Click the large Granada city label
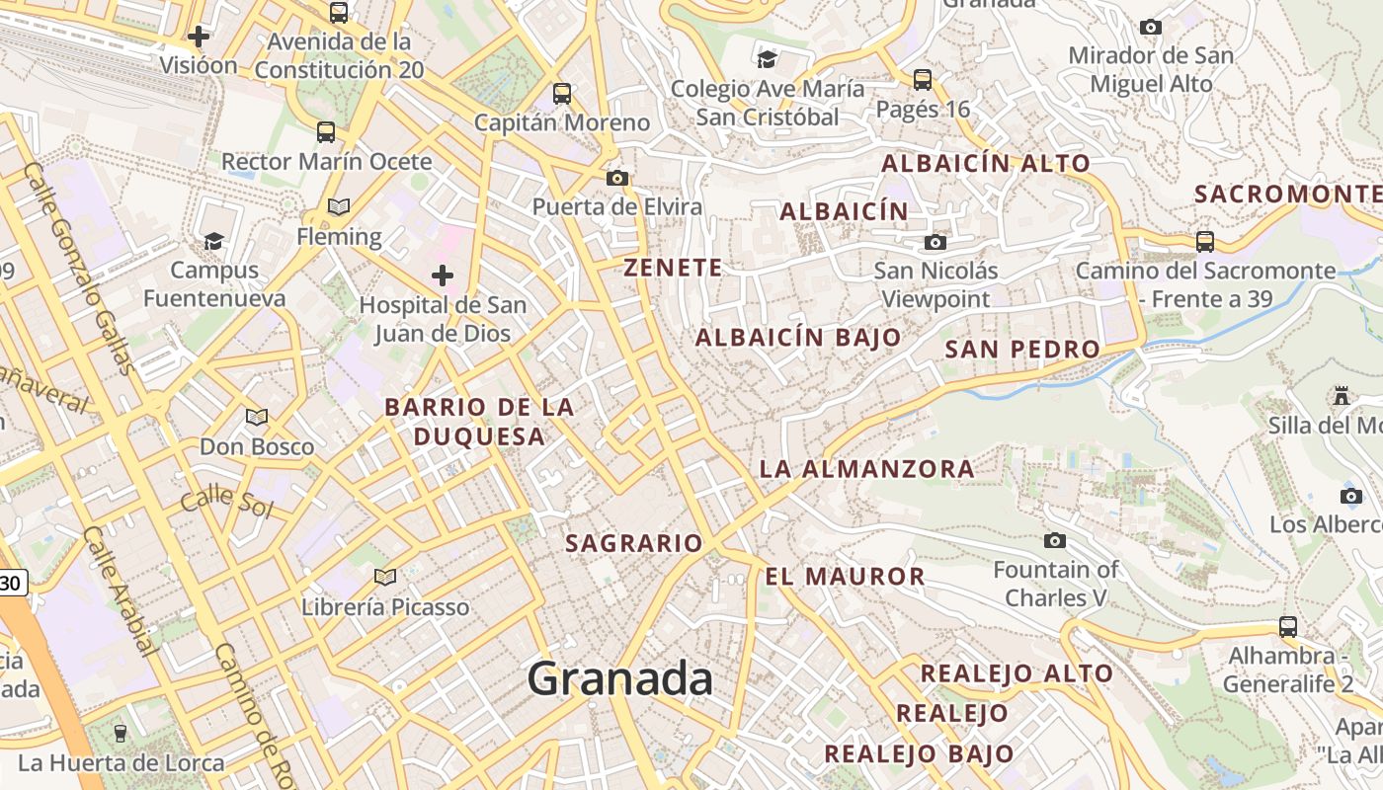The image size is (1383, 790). [619, 678]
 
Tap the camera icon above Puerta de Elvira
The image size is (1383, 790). [617, 178]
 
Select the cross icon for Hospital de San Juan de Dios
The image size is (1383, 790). [443, 275]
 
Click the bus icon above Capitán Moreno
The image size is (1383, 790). [562, 94]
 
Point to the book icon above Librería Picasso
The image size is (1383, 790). [385, 577]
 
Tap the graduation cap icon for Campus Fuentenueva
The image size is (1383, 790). [213, 240]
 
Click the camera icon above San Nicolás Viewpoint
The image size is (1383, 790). [935, 242]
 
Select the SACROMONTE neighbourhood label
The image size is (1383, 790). [1287, 194]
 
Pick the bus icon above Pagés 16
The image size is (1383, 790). [923, 79]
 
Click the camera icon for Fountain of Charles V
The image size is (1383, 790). [1055, 540]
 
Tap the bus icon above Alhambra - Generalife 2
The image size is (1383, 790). [1288, 626]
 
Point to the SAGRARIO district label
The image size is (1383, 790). [633, 543]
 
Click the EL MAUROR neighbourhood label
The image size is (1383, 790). [845, 576]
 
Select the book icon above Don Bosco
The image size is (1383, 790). [257, 418]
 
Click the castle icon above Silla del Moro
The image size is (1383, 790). [1342, 396]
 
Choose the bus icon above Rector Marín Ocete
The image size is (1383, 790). [326, 131]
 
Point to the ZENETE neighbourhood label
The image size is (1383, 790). [673, 268]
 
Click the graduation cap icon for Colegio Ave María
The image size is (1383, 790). [768, 59]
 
